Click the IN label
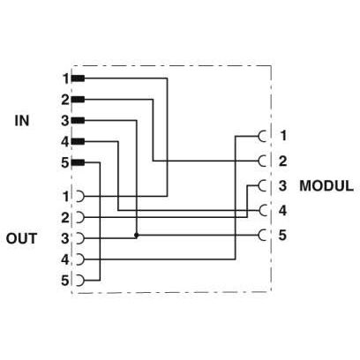(x=22, y=121)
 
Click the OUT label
(x=21, y=238)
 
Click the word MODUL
(x=326, y=186)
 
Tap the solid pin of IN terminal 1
(x=78, y=79)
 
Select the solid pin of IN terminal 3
(x=78, y=121)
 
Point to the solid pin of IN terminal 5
(x=78, y=162)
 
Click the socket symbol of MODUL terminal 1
(x=260, y=136)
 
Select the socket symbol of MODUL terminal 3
(x=260, y=185)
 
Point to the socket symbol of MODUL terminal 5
(x=260, y=235)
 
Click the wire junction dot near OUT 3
(x=136, y=236)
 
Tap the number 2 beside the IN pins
(x=65, y=100)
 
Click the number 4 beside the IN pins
(x=65, y=142)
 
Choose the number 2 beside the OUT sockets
(x=65, y=218)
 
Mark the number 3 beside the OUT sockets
(x=65, y=238)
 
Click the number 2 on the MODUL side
(x=282, y=161)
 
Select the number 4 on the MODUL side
(x=282, y=211)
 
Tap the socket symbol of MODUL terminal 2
(x=260, y=161)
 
